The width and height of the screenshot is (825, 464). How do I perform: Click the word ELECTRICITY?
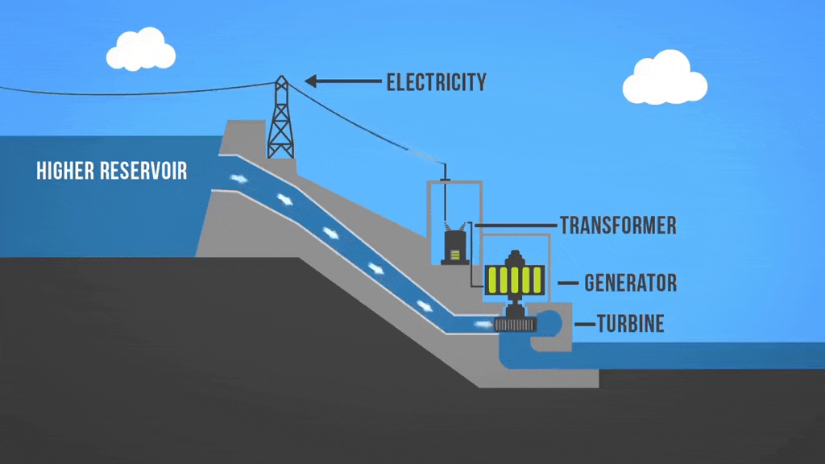pyautogui.click(x=436, y=82)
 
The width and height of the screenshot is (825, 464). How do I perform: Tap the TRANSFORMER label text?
pyautogui.click(x=618, y=225)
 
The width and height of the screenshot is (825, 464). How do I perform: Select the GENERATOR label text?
pyautogui.click(x=630, y=283)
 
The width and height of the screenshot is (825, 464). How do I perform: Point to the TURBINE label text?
pyautogui.click(x=630, y=324)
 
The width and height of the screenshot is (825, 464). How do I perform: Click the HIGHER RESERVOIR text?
pyautogui.click(x=112, y=171)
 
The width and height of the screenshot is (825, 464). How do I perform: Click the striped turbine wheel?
pyautogui.click(x=516, y=324)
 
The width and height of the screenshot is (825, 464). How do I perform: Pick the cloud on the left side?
pyautogui.click(x=141, y=50)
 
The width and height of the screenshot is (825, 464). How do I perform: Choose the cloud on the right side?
pyautogui.click(x=665, y=79)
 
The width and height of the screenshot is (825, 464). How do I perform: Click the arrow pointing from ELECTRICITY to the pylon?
pyautogui.click(x=342, y=81)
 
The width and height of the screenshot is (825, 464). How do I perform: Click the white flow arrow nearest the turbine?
pyautogui.click(x=482, y=324)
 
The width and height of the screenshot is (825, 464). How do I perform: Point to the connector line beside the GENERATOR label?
pyautogui.click(x=568, y=283)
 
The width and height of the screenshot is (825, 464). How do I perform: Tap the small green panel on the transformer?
pyautogui.click(x=455, y=255)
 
